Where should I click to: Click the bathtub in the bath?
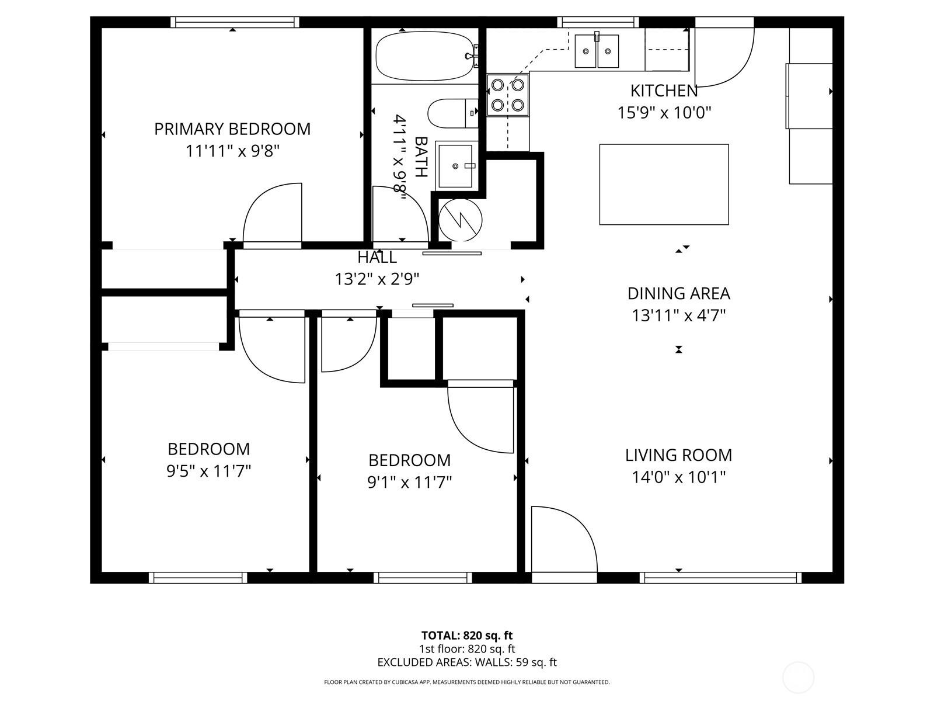(x=425, y=56)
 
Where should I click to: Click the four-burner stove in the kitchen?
(x=507, y=95)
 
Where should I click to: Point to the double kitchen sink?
(x=597, y=51)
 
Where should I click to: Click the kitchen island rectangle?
(x=664, y=184)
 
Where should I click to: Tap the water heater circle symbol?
(x=461, y=220)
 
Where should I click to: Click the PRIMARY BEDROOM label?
(x=232, y=129)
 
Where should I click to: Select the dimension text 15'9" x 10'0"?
(x=664, y=113)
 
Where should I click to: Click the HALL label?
(x=377, y=257)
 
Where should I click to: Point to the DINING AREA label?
(x=678, y=293)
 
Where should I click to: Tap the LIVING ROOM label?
(x=678, y=455)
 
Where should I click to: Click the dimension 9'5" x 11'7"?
(x=209, y=471)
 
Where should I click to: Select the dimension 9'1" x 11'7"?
(x=409, y=483)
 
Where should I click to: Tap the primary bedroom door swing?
(x=273, y=213)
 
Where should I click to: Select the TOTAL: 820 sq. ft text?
(x=467, y=636)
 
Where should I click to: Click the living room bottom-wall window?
(x=720, y=578)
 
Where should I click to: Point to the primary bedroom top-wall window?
(x=235, y=22)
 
